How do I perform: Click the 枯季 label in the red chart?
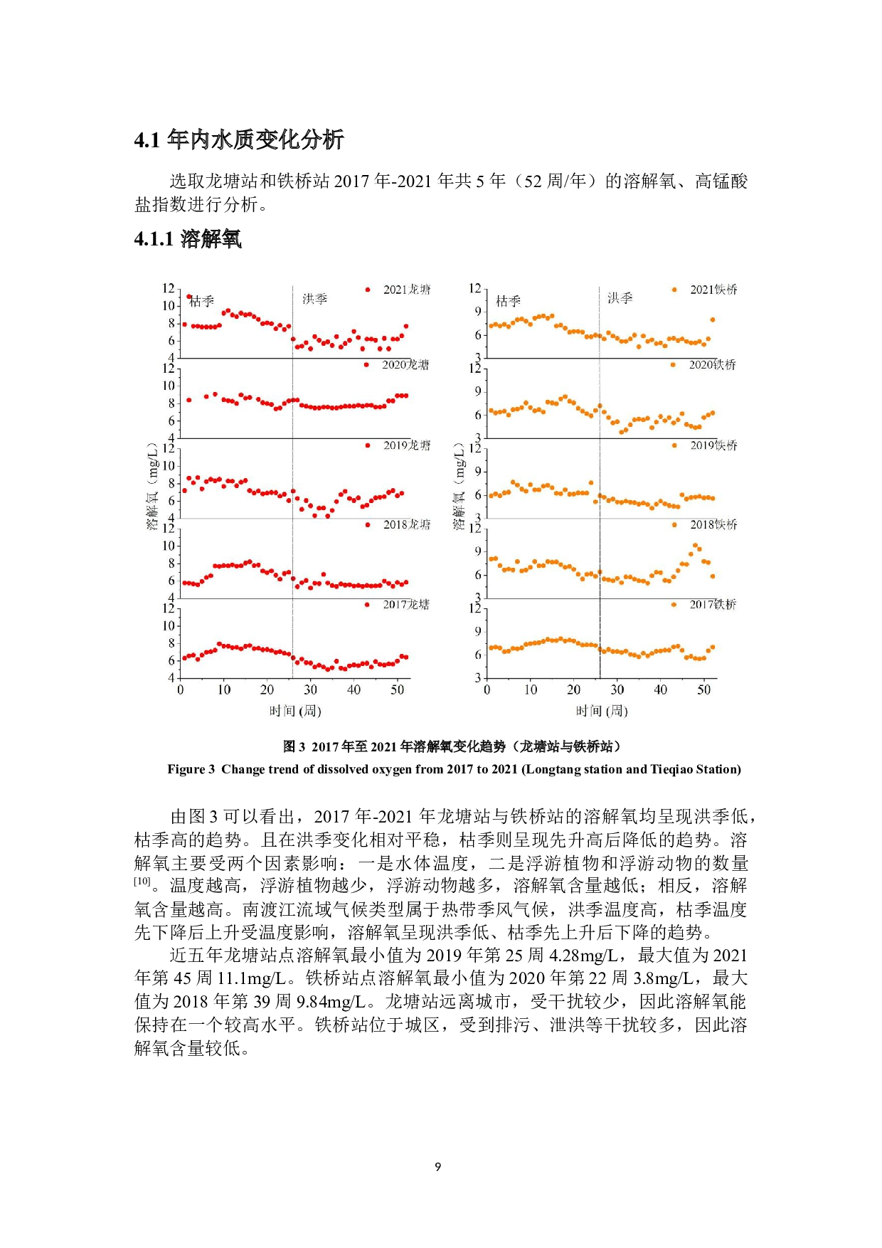202,302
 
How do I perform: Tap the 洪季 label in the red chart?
314,299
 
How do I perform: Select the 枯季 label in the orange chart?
508,301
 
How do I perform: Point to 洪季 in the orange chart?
620,298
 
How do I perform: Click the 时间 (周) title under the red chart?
295,711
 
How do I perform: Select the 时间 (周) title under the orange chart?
602,711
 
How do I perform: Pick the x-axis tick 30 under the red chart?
310,689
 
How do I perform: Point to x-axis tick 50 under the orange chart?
703,689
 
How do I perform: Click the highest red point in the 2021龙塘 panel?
188,297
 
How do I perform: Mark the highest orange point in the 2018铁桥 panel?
695,546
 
